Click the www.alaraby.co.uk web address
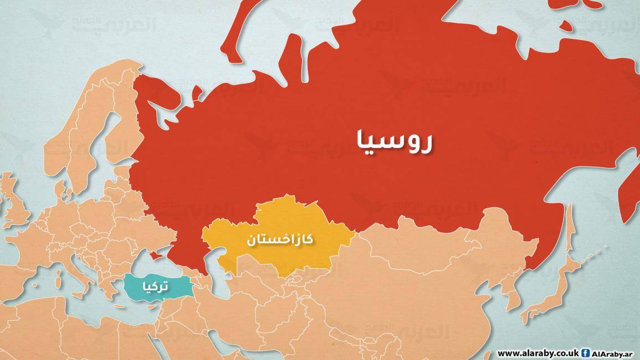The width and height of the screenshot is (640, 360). [538, 353]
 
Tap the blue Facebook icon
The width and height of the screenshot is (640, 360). [587, 353]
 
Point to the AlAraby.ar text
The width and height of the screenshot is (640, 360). [614, 353]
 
